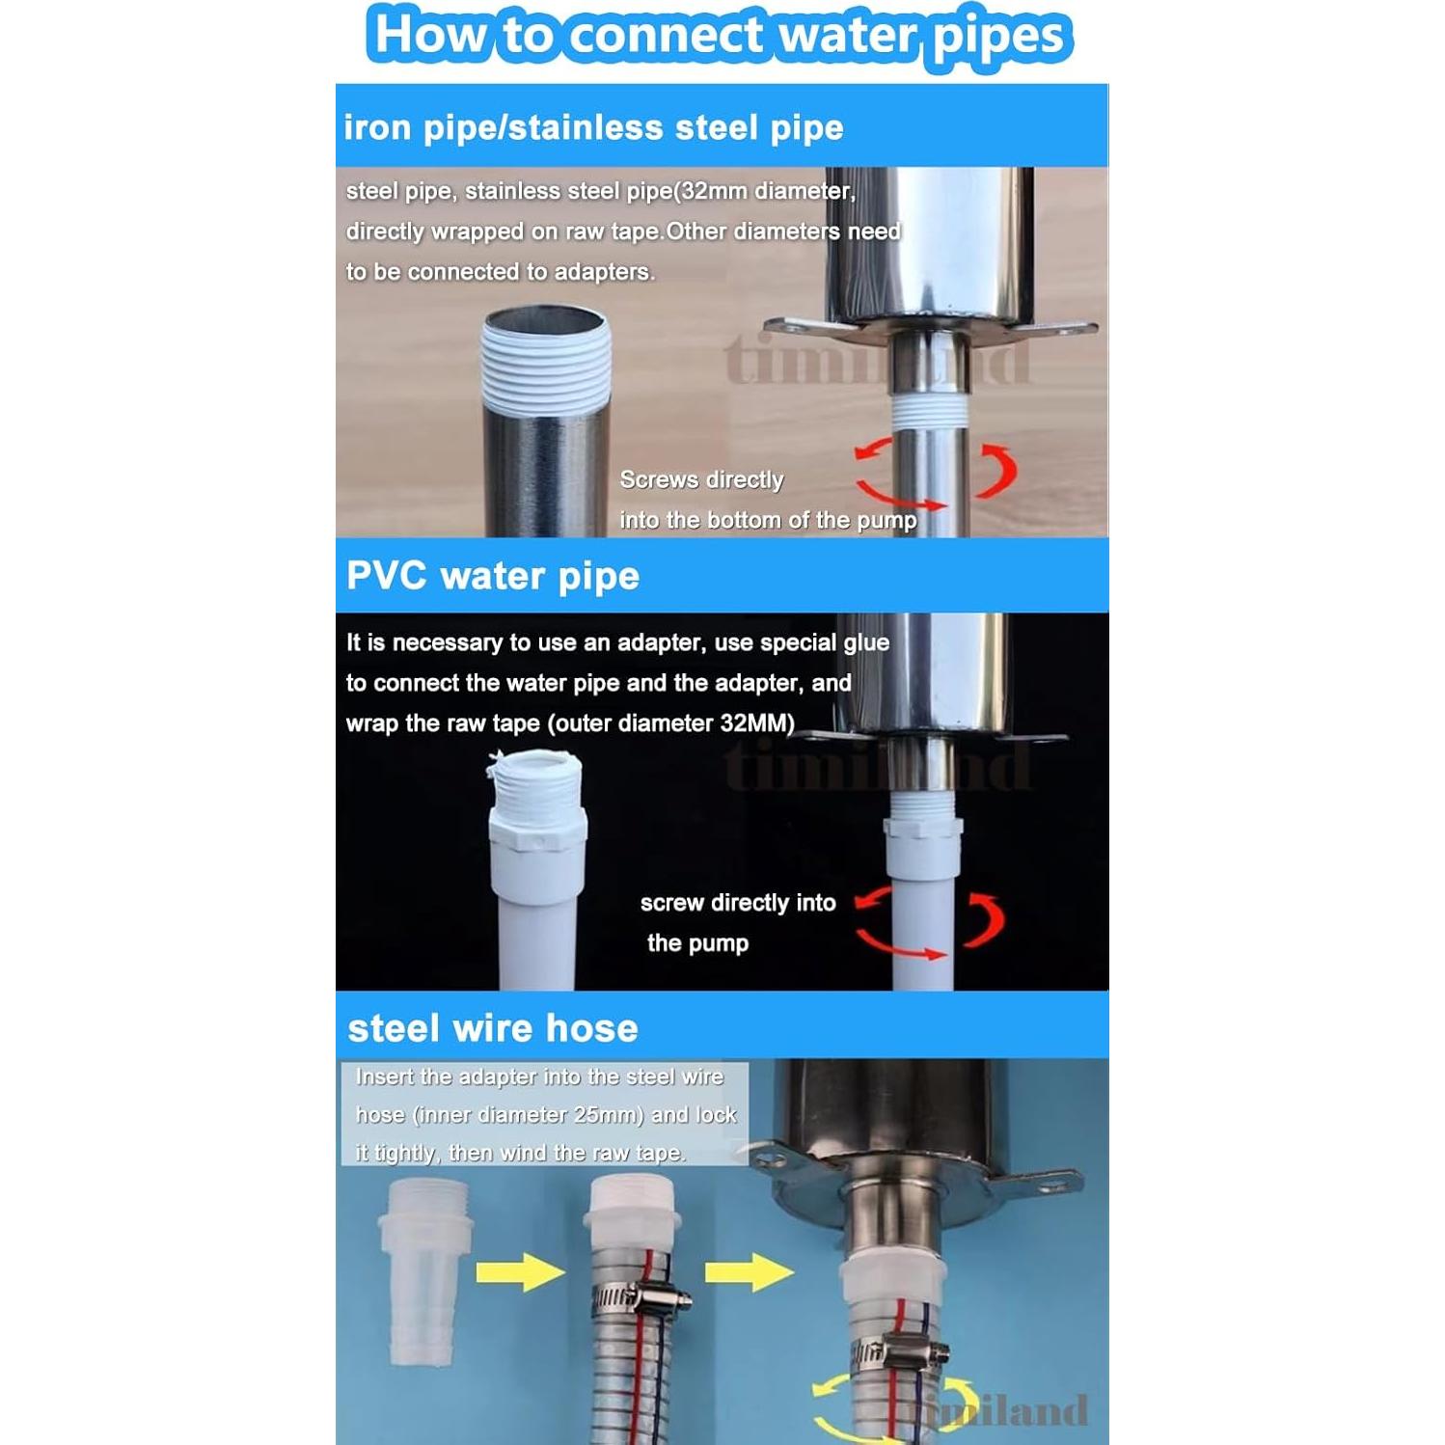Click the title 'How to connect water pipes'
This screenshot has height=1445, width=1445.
point(720,37)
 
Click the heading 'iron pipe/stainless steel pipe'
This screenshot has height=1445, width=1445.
point(593,127)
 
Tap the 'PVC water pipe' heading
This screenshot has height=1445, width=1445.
point(492,576)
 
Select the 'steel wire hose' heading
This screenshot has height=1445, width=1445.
point(492,1028)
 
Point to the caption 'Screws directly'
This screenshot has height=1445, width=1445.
point(701,479)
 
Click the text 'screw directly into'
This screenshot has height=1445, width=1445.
point(738,903)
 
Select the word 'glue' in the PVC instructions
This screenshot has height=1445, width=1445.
point(866,642)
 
